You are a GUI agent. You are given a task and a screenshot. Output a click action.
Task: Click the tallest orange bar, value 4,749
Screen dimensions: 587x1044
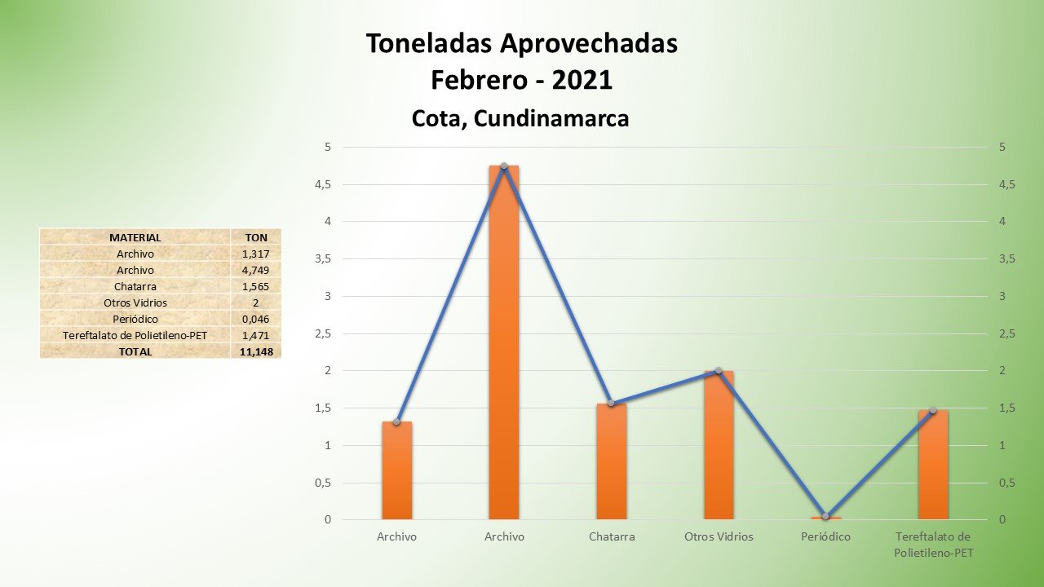click(504, 342)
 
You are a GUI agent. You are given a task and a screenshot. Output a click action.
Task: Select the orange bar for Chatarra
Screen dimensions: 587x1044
click(612, 461)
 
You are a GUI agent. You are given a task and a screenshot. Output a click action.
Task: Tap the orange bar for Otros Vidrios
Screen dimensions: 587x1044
click(719, 445)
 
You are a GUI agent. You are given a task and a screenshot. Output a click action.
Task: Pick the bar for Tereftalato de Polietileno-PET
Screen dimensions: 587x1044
click(933, 465)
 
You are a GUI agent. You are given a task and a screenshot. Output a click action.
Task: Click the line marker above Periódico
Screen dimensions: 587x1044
click(825, 516)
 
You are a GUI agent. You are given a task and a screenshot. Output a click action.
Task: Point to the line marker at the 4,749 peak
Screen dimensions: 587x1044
click(504, 166)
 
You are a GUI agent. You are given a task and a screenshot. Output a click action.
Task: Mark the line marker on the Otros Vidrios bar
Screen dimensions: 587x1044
click(719, 371)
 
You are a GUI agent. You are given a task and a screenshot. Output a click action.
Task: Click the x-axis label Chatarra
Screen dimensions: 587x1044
click(612, 536)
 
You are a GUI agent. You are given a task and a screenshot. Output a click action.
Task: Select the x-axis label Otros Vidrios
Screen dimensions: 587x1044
click(719, 536)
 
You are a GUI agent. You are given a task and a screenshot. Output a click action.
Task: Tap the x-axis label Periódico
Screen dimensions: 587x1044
click(825, 536)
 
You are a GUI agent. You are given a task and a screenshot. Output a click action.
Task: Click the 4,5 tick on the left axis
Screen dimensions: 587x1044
click(324, 185)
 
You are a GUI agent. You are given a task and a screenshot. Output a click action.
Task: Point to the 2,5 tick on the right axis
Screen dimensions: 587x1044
click(1008, 333)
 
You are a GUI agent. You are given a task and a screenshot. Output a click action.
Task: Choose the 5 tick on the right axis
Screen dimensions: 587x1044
click(1002, 148)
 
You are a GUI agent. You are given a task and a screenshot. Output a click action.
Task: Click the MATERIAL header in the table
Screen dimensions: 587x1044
click(135, 237)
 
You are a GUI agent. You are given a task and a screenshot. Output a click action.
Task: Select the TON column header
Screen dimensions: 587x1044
click(256, 237)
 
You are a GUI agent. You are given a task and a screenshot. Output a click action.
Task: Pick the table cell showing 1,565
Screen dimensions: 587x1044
click(256, 286)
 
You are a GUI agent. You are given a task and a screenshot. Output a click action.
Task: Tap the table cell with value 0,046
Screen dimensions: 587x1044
click(256, 319)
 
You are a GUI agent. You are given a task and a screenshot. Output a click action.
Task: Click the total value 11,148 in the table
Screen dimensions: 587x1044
click(256, 351)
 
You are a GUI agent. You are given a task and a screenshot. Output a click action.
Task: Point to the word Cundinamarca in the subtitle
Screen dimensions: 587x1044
click(551, 118)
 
